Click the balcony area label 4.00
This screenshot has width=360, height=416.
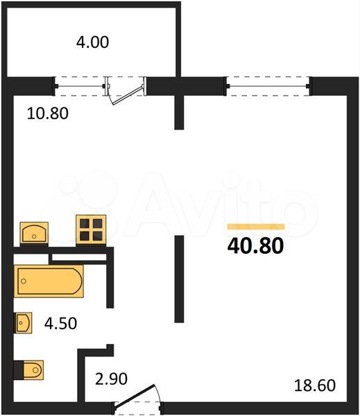tap(92, 42)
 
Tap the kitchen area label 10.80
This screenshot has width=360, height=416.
tap(48, 113)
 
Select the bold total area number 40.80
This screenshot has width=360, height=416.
tap(256, 245)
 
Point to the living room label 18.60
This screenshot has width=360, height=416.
tap(315, 385)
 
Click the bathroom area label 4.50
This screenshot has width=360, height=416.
tap(60, 323)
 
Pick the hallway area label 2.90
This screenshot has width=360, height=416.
tap(111, 379)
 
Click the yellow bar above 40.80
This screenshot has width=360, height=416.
tap(256, 227)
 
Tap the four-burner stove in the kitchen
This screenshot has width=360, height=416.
tap(91, 229)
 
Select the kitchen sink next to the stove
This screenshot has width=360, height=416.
tap(34, 233)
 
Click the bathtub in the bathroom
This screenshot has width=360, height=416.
tap(49, 281)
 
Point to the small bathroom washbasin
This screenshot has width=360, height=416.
tap(24, 322)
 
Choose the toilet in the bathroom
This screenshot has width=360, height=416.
tap(28, 370)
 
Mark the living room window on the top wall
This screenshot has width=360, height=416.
tap(268, 86)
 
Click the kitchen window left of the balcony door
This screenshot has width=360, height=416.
tap(80, 86)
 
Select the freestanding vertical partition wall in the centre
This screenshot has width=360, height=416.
tap(179, 279)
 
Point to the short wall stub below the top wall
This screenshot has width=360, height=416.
tap(179, 112)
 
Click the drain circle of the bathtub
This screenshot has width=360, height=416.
tap(24, 281)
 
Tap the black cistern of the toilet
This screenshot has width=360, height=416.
tap(19, 370)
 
